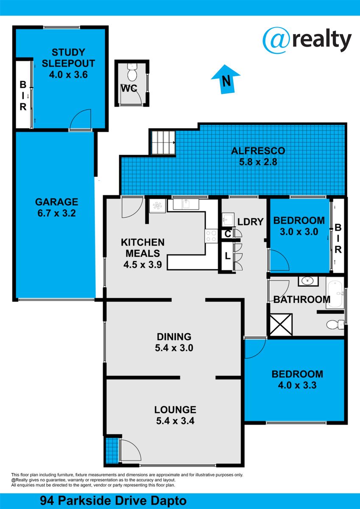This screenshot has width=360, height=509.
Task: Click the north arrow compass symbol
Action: (x=226, y=79)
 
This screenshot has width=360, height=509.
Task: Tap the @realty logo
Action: (x=307, y=40)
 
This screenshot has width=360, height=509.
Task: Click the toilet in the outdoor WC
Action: (x=132, y=72)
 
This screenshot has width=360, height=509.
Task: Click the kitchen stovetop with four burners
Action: (x=211, y=236)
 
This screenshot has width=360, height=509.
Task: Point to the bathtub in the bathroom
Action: (x=335, y=294)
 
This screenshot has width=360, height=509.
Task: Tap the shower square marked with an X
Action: (x=281, y=325)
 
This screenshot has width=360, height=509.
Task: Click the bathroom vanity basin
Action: (x=308, y=281)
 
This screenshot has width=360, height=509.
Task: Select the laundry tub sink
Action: (x=228, y=219)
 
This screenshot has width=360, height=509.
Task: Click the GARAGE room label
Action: (x=56, y=202)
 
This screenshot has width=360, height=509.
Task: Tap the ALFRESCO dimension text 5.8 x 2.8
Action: (x=258, y=162)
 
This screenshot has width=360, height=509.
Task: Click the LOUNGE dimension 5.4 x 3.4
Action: (x=175, y=421)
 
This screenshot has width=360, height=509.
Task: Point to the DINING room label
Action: (x=174, y=336)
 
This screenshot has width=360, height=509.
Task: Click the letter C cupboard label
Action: (x=228, y=234)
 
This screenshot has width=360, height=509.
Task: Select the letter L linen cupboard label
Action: (x=228, y=256)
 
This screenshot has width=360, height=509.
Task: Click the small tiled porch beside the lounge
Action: (x=112, y=447)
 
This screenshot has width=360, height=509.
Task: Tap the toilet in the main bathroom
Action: (x=335, y=324)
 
